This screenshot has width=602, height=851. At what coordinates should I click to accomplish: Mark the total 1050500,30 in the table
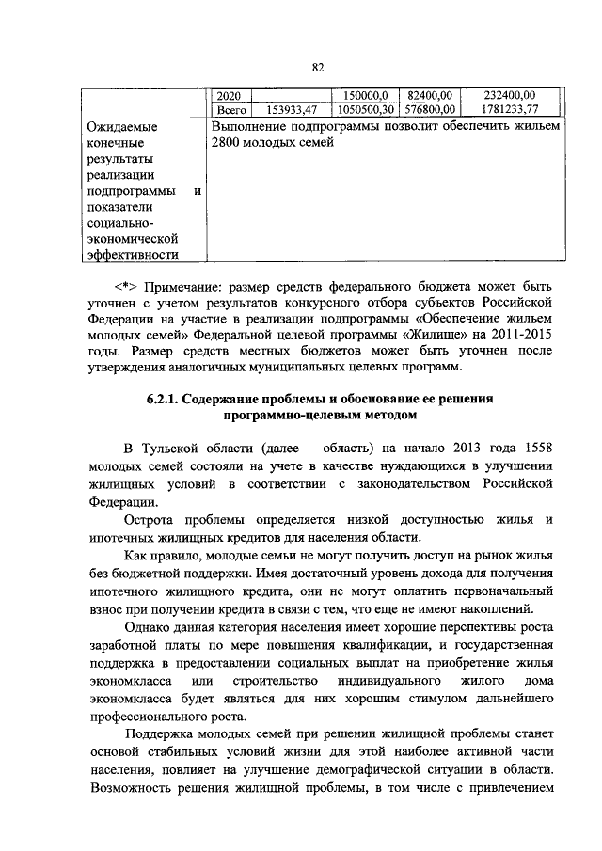pyautogui.click(x=362, y=109)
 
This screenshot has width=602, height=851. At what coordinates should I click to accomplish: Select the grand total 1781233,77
pyautogui.click(x=511, y=109)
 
